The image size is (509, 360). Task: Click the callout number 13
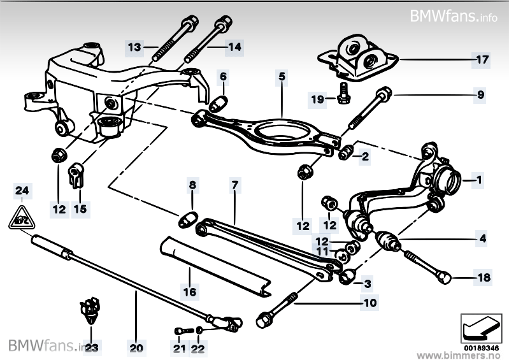coord(134,47)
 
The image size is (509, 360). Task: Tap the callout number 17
coord(481,61)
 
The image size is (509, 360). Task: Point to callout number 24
coord(22,191)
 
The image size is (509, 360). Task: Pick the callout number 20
coord(136,349)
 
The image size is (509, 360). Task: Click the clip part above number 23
coord(90,309)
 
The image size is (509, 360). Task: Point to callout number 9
coord(480,96)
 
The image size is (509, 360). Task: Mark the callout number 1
coord(478,181)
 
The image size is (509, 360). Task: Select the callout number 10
coord(369,303)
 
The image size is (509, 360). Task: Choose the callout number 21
coord(179,349)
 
